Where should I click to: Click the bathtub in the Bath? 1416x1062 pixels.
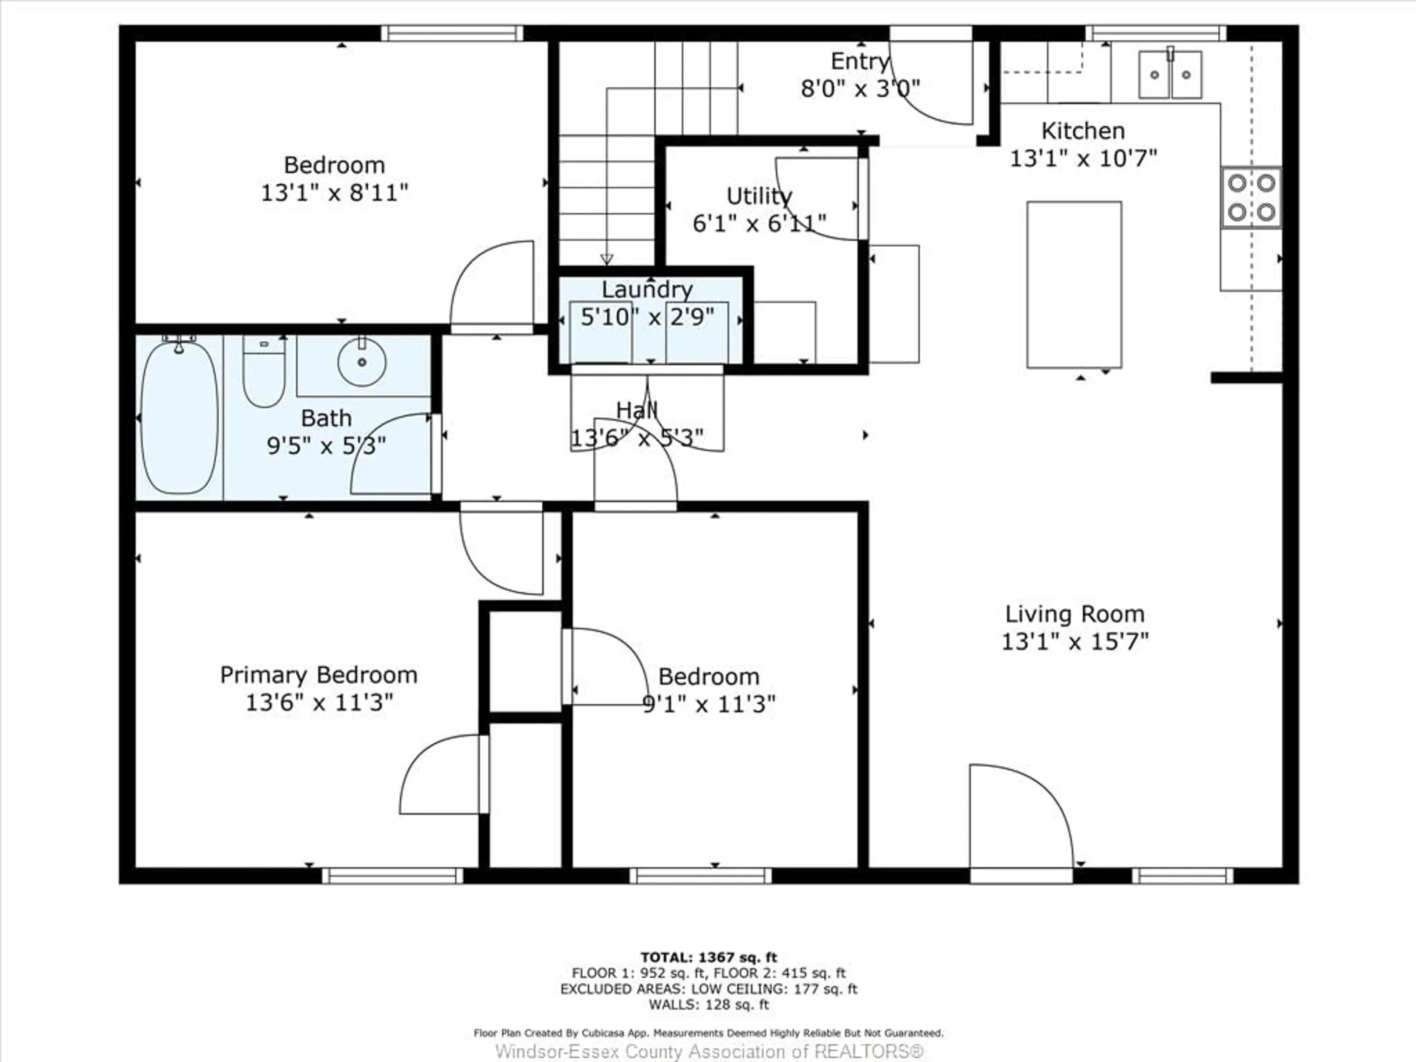(x=179, y=416)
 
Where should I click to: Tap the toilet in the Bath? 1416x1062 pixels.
(x=264, y=371)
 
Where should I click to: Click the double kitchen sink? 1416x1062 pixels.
(x=1170, y=75)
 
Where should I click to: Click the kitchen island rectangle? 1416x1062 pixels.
(x=1074, y=285)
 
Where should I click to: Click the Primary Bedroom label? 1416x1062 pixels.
(x=319, y=675)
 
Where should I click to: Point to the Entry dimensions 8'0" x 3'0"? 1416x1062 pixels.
(x=860, y=88)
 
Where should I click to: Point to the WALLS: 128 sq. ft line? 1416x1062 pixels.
(x=709, y=1004)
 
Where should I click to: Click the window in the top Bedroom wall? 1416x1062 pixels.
(x=452, y=33)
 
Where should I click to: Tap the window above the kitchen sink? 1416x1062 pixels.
(x=1156, y=33)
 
